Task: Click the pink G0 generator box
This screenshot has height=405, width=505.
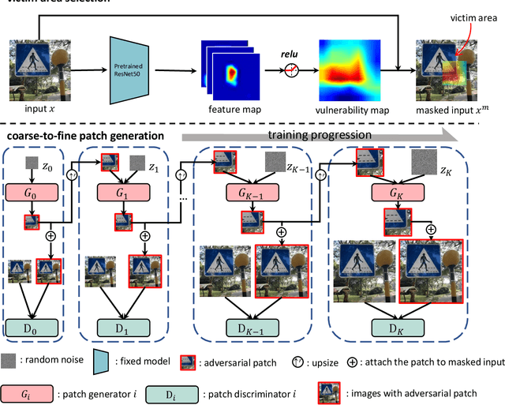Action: coord(33,194)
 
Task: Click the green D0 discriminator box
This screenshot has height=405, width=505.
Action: coord(33,328)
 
